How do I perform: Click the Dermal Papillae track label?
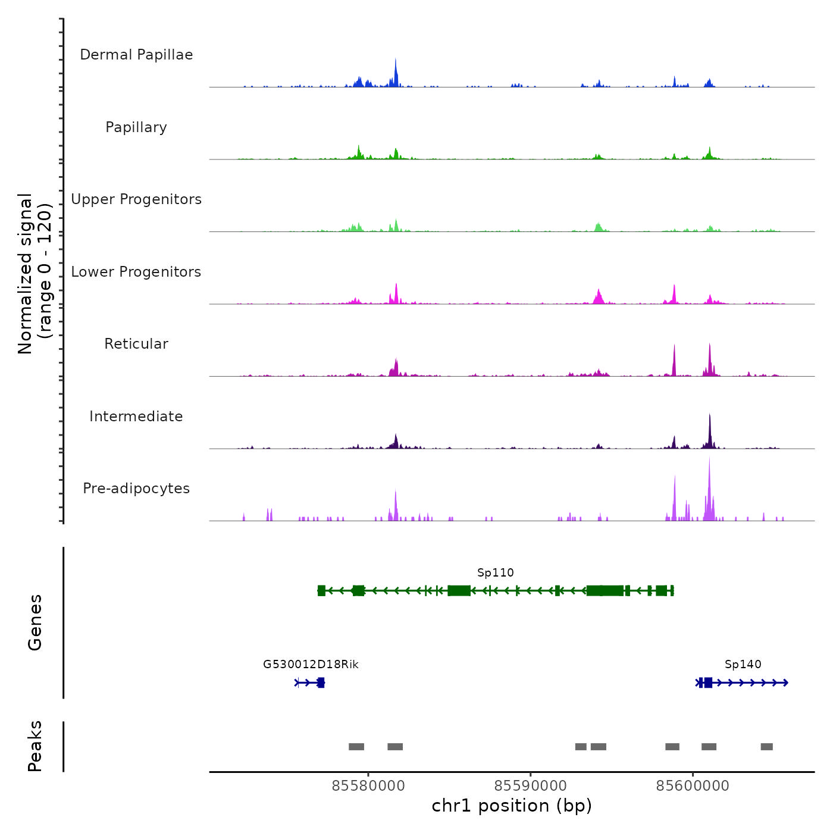136,55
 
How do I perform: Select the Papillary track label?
136,127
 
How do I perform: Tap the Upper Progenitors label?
136,199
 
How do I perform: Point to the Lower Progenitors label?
136,272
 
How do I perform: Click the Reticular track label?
136,344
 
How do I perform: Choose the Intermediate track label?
136,416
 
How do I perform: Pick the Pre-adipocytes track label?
136,488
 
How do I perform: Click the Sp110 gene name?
495,573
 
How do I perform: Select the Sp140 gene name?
743,665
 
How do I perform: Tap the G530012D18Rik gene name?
311,665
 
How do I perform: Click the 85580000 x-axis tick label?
368,786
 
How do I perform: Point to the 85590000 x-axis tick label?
531,786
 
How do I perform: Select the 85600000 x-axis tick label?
693,786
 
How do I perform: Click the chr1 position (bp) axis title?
512,806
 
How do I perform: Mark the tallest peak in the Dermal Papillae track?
396,60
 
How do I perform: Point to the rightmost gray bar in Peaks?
766,747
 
